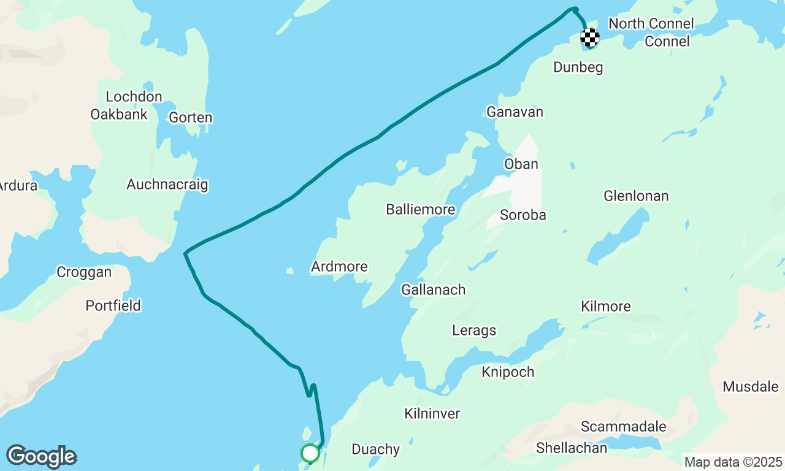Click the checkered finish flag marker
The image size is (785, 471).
click(589, 38)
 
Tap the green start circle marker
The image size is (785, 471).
click(310, 453)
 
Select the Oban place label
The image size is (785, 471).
click(521, 164)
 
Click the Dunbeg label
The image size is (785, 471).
click(578, 67)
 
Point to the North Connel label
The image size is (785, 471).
click(651, 23)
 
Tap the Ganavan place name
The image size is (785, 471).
click(515, 112)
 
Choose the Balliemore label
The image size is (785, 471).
click(420, 209)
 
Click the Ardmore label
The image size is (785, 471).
click(339, 266)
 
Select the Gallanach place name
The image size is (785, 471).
click(433, 289)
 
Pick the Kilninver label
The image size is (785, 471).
click(432, 413)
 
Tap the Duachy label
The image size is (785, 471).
click(375, 450)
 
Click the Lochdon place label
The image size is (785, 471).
click(134, 96)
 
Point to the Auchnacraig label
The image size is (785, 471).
click(167, 184)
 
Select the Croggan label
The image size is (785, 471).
click(84, 272)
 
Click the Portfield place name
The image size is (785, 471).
click(113, 305)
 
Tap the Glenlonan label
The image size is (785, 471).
click(636, 196)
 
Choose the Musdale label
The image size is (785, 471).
click(750, 386)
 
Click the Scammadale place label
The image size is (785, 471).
click(623, 426)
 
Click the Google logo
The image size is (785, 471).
click(41, 457)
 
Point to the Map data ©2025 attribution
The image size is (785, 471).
click(733, 462)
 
